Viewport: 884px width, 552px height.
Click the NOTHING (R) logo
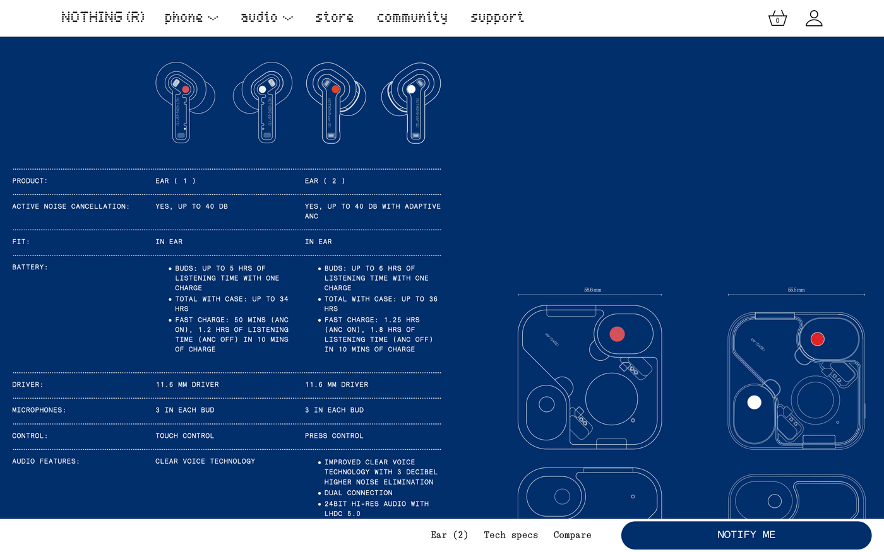103,17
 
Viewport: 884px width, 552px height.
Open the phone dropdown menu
191,17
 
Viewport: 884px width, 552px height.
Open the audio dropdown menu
266,17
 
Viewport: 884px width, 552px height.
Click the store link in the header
334,17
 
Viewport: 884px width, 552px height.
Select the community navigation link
412,17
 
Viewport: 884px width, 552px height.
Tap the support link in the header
497,17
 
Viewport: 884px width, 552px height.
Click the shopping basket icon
777,18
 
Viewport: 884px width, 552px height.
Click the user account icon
814,18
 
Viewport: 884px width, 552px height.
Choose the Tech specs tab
511,535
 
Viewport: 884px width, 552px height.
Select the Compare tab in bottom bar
572,535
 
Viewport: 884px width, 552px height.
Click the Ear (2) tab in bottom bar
449,535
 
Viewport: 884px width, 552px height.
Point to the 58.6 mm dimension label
592,290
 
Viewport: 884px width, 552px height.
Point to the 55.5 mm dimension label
796,290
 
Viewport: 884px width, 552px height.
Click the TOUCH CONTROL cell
184,436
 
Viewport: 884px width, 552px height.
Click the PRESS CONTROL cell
334,436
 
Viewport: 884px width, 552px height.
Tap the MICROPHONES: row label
39,410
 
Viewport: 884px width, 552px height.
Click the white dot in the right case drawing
754,402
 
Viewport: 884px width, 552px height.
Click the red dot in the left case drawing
617,334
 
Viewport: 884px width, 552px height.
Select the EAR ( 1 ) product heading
176,181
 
